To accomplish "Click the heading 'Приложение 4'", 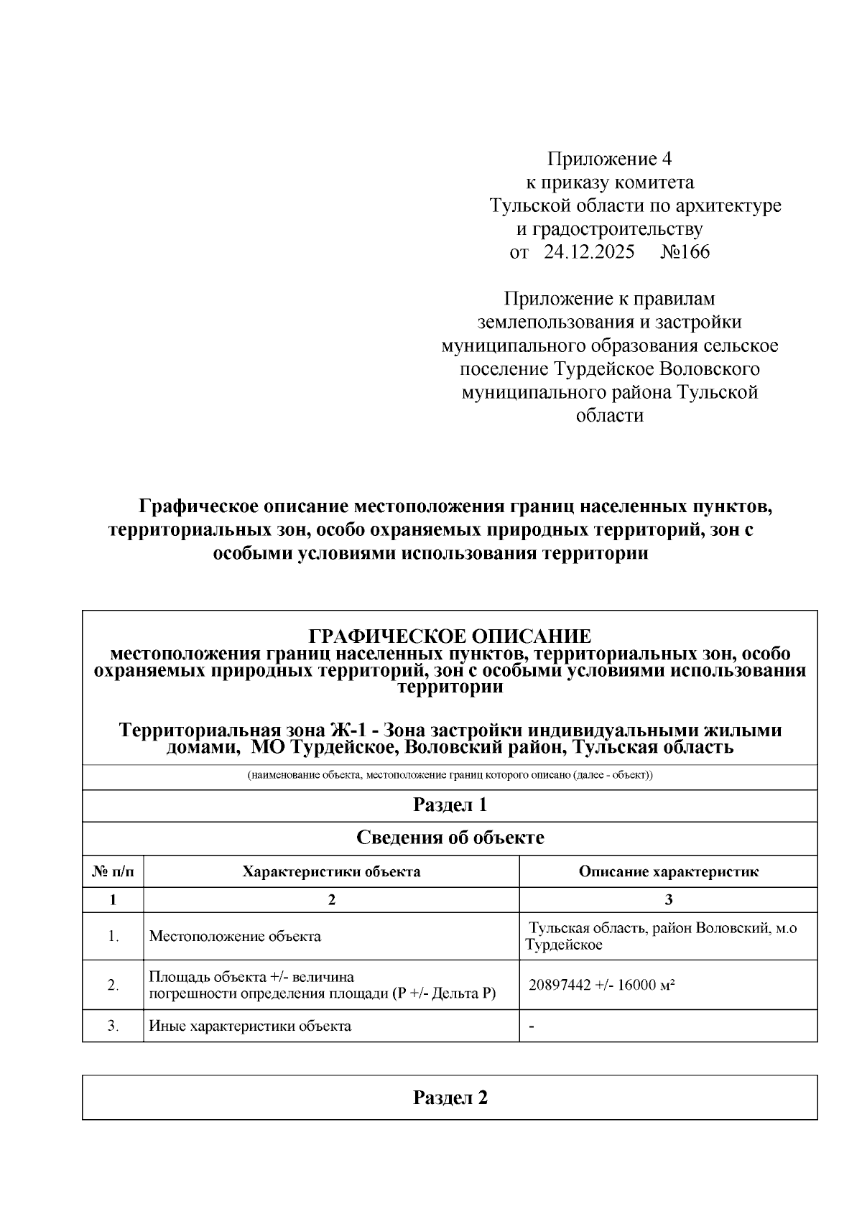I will [x=609, y=158].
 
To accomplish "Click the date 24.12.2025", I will [x=589, y=252].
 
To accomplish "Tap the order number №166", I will [x=684, y=252].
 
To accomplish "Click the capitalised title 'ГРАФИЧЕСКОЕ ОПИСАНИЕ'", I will [x=450, y=636].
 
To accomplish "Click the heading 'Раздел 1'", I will [x=450, y=805].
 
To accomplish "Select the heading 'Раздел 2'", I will [x=450, y=1098].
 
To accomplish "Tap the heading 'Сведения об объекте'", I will [x=450, y=838].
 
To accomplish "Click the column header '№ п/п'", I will [x=113, y=872].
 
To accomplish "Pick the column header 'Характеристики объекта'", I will [x=331, y=872].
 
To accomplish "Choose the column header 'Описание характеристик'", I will [x=668, y=872].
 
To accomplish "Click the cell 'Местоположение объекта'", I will [x=235, y=937].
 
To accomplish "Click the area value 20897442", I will [x=560, y=985].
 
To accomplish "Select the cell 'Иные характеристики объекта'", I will [x=250, y=1026].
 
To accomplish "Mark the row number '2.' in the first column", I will [x=113, y=986].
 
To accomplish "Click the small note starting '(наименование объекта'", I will [x=450, y=777].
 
